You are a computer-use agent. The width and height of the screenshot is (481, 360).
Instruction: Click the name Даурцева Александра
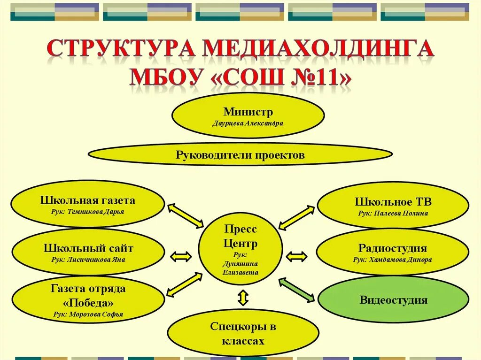(x=248, y=123)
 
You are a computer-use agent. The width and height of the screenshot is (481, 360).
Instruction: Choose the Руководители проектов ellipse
(x=240, y=155)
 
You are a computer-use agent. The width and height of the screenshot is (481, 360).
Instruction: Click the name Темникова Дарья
(x=88, y=212)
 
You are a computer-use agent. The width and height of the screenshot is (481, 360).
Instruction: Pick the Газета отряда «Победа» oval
(x=88, y=299)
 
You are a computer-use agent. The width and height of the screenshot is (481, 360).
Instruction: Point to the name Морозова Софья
(x=88, y=314)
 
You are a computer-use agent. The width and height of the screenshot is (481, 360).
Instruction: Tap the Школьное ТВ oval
(x=393, y=206)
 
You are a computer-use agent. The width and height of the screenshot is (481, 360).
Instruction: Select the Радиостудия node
(x=393, y=252)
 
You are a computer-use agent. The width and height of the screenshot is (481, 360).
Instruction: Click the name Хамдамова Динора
(x=393, y=260)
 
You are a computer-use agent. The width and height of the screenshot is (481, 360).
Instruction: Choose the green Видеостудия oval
(x=393, y=299)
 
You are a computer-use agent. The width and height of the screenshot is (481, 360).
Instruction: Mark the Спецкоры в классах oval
(x=243, y=333)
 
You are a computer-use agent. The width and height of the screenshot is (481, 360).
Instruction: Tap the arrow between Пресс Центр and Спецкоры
(x=243, y=298)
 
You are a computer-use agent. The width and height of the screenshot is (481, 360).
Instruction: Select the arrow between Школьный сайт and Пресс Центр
(x=181, y=256)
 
